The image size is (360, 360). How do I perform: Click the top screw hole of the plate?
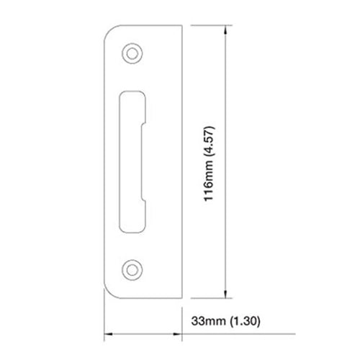click(x=132, y=52)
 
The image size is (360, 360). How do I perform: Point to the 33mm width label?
click(x=209, y=318)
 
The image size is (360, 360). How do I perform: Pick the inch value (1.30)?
click(x=243, y=318)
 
